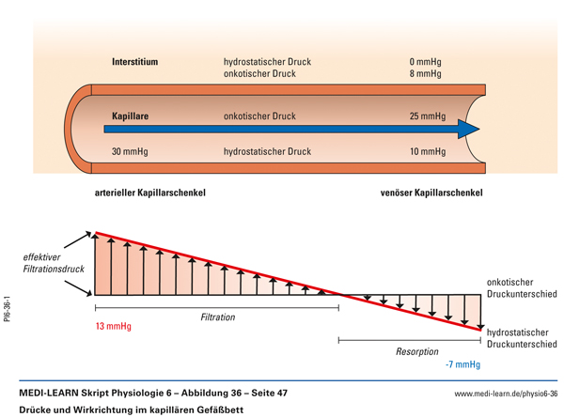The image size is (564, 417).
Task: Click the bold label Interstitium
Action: (x=135, y=63)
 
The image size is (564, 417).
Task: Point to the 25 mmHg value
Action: (x=427, y=117)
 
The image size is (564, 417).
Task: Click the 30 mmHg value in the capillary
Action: (x=130, y=151)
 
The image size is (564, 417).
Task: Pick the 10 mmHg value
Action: (x=427, y=151)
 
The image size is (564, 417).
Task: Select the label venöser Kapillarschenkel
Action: (x=431, y=193)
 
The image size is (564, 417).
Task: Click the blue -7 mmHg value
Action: (x=462, y=364)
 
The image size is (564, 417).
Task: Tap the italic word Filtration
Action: (x=218, y=317)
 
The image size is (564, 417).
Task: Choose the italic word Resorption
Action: (x=415, y=352)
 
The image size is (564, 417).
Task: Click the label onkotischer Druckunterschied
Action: (x=522, y=287)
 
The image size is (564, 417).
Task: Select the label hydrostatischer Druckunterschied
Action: (x=522, y=338)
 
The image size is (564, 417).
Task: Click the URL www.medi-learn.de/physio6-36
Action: (x=506, y=394)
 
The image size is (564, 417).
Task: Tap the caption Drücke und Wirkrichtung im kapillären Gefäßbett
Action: (x=126, y=409)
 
